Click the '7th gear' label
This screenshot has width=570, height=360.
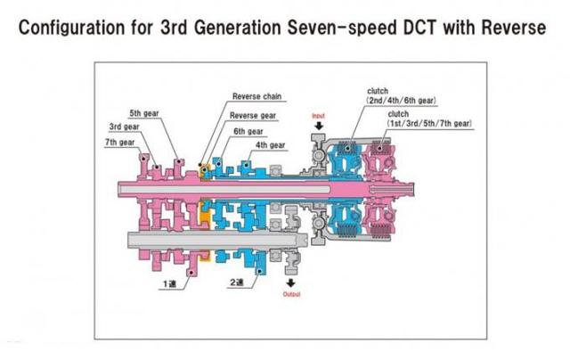pyautogui.click(x=119, y=143)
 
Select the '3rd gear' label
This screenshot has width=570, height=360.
pyautogui.click(x=125, y=127)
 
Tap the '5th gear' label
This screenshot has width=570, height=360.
pyautogui.click(x=144, y=113)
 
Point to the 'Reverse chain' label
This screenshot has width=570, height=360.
pyautogui.click(x=256, y=96)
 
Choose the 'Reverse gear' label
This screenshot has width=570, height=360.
pyautogui.click(x=253, y=115)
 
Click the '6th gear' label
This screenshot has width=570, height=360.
pyautogui.click(x=248, y=131)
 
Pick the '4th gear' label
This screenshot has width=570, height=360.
pyautogui.click(x=270, y=144)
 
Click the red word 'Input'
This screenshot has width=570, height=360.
pyautogui.click(x=318, y=116)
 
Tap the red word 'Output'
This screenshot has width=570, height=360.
pyautogui.click(x=291, y=294)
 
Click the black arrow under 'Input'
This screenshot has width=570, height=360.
pyautogui.click(x=319, y=126)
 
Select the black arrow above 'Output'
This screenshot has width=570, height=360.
pyautogui.click(x=291, y=282)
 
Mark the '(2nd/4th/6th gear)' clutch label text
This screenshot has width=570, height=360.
pyautogui.click(x=402, y=101)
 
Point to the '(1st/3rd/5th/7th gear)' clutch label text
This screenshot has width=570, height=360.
pyautogui.click(x=429, y=123)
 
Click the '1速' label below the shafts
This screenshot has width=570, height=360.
pyautogui.click(x=169, y=284)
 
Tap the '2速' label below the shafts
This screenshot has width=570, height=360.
pyautogui.click(x=237, y=282)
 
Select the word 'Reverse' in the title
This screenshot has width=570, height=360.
pyautogui.click(x=514, y=28)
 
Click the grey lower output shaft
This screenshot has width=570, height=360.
pyautogui.click(x=217, y=240)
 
